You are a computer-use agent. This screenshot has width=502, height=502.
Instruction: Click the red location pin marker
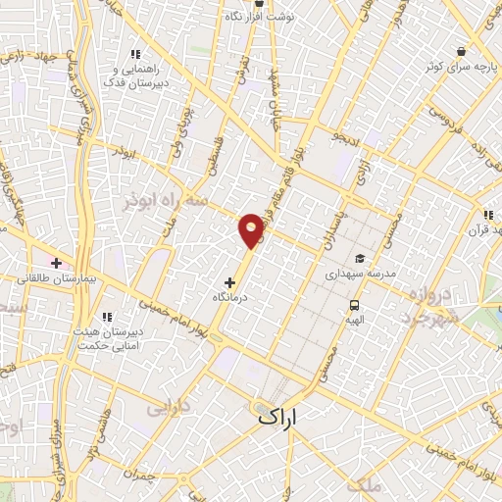tap(252, 229)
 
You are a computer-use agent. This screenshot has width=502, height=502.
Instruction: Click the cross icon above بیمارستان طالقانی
tap(56, 264)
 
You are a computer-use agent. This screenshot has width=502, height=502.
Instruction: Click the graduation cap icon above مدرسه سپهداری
tap(361, 259)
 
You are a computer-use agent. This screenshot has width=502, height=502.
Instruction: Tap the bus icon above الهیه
tap(352, 305)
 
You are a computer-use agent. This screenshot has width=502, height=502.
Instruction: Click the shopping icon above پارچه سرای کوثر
tap(461, 50)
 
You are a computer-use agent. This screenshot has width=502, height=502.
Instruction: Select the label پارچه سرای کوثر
tap(460, 66)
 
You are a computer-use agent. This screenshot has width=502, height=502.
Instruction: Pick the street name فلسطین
tap(211, 156)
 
